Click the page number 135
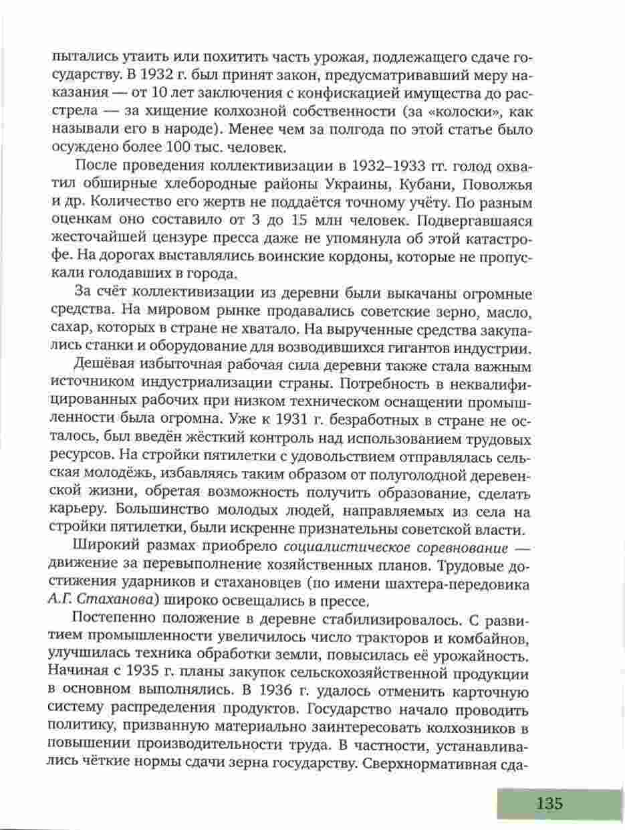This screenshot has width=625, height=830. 549,804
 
